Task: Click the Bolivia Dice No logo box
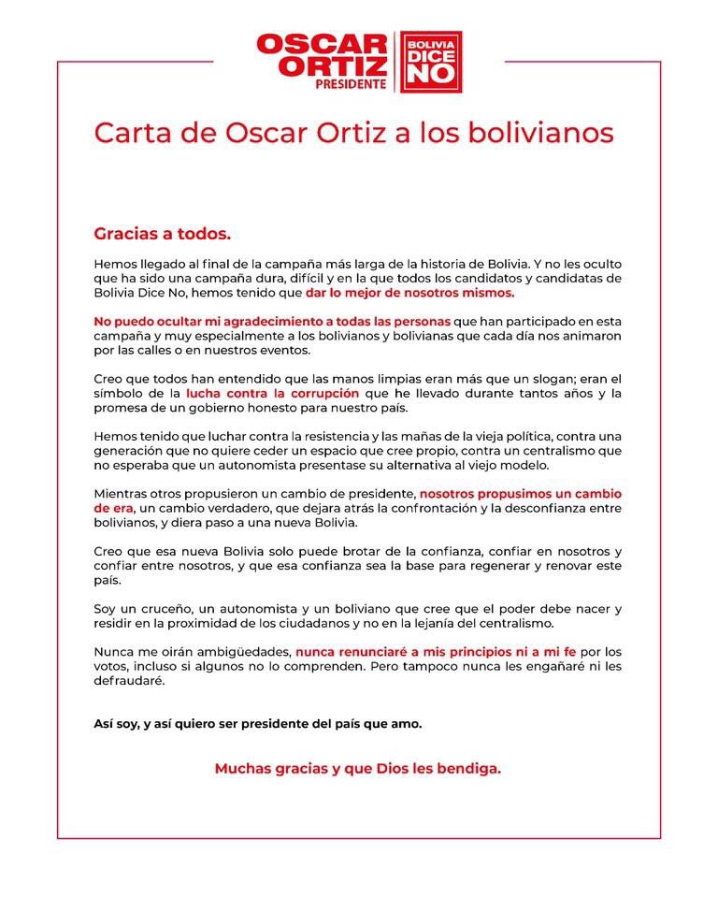point(431,62)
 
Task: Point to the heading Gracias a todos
point(162,231)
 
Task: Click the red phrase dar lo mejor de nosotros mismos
point(409,293)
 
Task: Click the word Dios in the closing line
point(379,769)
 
